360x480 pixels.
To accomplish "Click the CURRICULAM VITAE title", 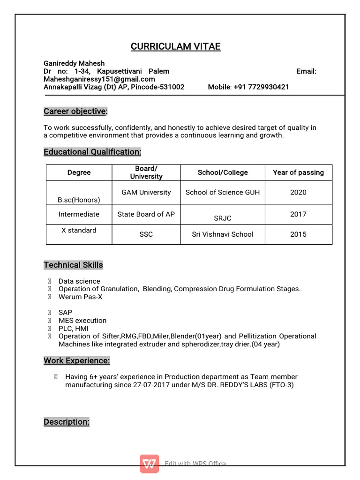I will (175, 46).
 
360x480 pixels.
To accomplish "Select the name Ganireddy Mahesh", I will (74, 63).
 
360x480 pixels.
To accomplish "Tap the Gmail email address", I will (99, 79).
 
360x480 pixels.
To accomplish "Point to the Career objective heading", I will (75, 112).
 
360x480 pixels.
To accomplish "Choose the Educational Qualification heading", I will (92, 152).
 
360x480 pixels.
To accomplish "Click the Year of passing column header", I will (298, 172).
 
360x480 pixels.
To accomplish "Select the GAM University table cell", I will (146, 192).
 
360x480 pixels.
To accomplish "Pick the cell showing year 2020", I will (298, 192).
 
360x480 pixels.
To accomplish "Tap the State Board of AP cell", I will (146, 214).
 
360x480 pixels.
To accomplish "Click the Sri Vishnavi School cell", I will (223, 234).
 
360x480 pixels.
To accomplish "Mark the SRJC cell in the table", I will (223, 218).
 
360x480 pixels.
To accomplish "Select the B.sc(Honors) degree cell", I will (79, 200).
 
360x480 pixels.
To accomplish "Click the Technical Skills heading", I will (73, 265).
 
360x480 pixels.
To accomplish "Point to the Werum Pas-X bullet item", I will (80, 297).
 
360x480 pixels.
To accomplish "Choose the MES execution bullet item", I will (82, 321).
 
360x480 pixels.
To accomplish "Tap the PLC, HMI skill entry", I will (74, 329).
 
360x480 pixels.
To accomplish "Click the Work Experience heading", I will (77, 361).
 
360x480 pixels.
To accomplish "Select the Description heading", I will (67, 422).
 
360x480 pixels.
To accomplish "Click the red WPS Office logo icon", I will (149, 464).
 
